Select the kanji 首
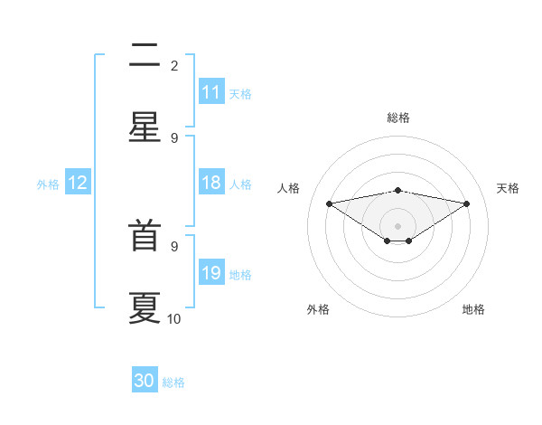pos(145,238)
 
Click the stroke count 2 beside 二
pos(174,65)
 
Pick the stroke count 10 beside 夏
pos(174,318)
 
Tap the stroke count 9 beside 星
pos(174,137)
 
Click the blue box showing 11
pos(211,92)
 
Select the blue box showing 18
pos(211,183)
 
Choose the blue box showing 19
pos(211,273)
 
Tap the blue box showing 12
pos(78,183)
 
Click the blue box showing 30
pos(145,381)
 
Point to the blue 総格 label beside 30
pos(173,382)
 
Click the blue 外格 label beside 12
pos(48,184)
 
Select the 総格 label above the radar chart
pos(397,118)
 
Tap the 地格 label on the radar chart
pos(473,309)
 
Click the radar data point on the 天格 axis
pos(466,203)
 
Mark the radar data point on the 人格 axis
pos(329,203)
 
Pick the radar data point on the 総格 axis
pos(397,190)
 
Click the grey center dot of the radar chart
pos(397,225)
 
